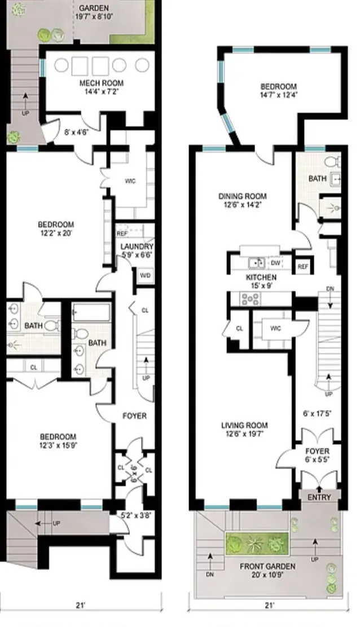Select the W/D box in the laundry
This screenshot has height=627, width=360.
pos(144,276)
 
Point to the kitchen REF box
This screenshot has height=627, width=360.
pos(302,266)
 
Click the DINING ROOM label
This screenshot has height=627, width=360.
pos(243,200)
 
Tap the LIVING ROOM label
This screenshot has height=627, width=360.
pos(244,429)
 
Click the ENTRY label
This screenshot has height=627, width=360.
pos(320,497)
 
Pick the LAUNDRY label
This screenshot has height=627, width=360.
pos(137,250)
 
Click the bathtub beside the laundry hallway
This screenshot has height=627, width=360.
pos(92,313)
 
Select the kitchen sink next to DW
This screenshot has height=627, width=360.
pos(258,262)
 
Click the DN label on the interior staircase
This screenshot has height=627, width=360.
pos(330,289)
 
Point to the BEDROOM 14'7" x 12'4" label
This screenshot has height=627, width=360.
pos(278,90)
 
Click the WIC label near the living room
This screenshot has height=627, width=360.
pos(276,328)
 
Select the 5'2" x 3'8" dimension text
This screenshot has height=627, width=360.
pos(133,515)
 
